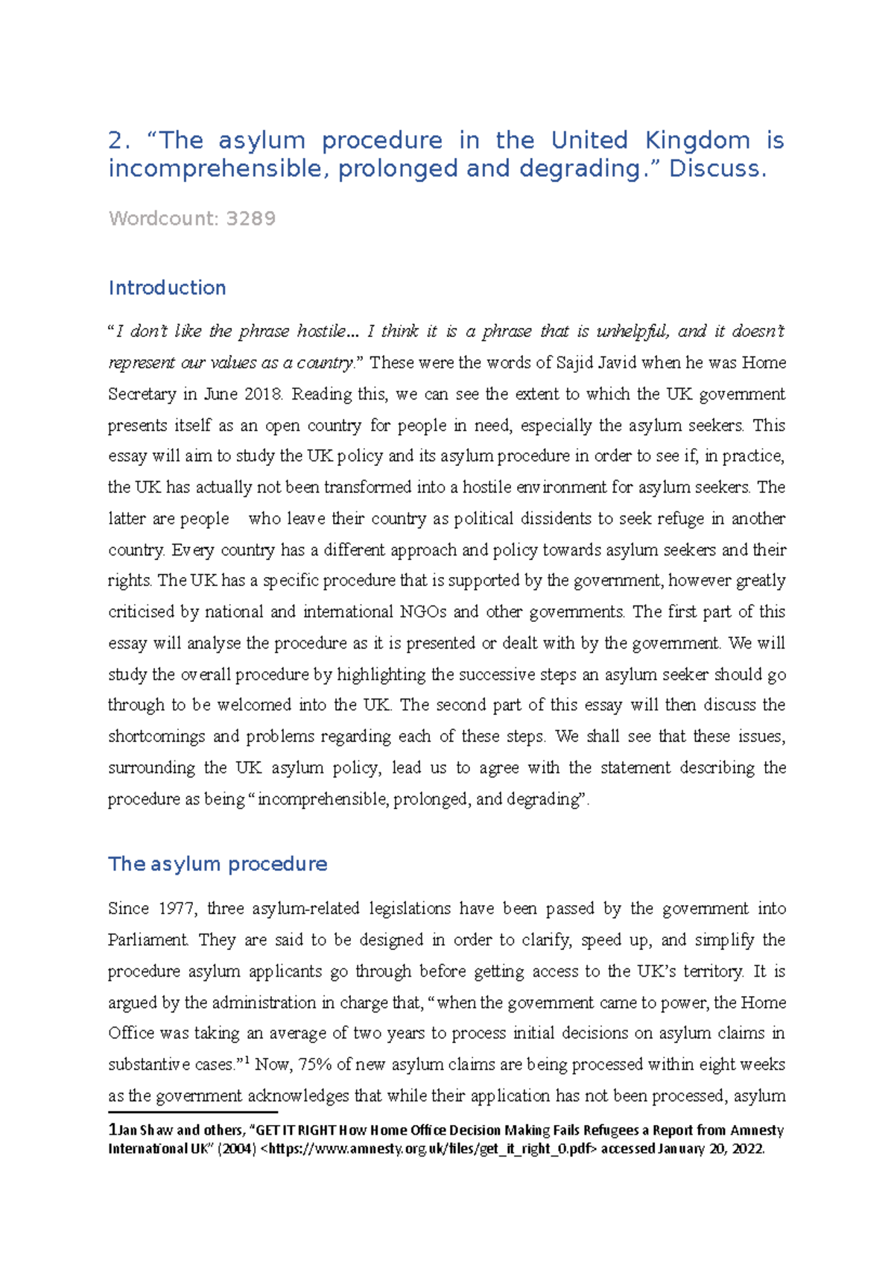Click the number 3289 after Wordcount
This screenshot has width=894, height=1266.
[250, 219]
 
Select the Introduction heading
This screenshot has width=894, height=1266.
[167, 289]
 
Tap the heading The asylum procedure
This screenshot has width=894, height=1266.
[218, 864]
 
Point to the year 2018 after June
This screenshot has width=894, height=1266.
[262, 394]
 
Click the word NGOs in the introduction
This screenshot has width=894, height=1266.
[423, 612]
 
